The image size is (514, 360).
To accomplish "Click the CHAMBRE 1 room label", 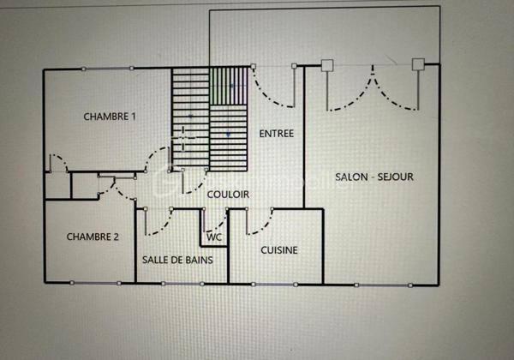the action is [x=110, y=116].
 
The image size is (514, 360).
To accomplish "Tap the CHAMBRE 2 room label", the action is [x=93, y=237].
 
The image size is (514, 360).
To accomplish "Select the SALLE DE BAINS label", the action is [x=177, y=259].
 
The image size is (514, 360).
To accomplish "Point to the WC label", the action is [x=215, y=237].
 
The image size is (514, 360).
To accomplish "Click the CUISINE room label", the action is [x=279, y=250].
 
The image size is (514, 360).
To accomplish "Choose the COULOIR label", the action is [x=228, y=195].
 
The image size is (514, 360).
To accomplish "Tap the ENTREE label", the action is [x=276, y=134].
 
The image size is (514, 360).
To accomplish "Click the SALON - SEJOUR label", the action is [x=375, y=177].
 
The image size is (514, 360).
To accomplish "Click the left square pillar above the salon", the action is [x=326, y=64].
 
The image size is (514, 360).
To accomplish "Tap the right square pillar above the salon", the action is [x=418, y=64].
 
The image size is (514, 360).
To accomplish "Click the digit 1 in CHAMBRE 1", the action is [x=134, y=116].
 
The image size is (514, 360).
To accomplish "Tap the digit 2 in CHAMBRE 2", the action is [x=117, y=237].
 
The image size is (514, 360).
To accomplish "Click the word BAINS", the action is [x=197, y=259].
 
